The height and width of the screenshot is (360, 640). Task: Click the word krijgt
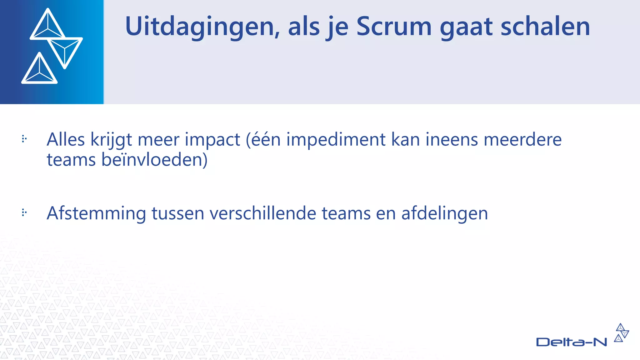pos(111,140)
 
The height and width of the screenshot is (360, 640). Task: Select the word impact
pos(212,140)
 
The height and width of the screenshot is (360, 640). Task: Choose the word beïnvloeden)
pos(154,160)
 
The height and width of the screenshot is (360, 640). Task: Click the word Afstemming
pos(96,214)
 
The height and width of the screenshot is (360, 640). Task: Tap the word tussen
pos(178,214)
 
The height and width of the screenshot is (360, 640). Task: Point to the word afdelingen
pos(444,214)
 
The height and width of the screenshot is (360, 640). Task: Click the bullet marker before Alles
pos(24,139)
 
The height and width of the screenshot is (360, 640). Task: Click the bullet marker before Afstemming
pos(24,213)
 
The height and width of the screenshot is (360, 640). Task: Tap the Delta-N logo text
pos(571,342)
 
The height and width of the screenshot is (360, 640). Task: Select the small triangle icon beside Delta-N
pos(621,333)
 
